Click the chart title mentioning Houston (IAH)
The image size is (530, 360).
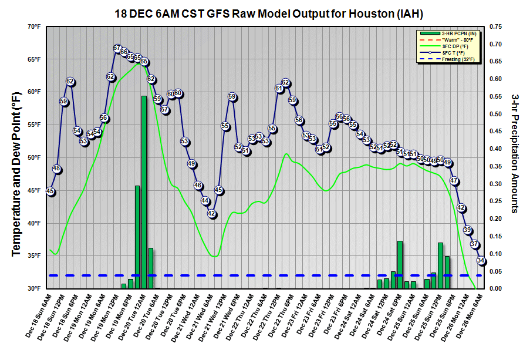[264, 12]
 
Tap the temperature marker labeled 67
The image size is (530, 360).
[117, 48]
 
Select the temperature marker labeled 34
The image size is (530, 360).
[481, 260]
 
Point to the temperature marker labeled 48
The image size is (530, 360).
[57, 170]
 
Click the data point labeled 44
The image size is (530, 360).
[205, 201]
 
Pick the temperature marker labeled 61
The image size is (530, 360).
[279, 89]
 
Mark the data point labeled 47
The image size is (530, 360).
[454, 180]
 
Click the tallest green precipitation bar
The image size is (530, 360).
[144, 191]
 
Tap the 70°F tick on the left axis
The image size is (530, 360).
[33, 27]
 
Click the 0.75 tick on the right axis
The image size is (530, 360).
[497, 27]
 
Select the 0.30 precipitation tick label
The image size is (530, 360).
[497, 184]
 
